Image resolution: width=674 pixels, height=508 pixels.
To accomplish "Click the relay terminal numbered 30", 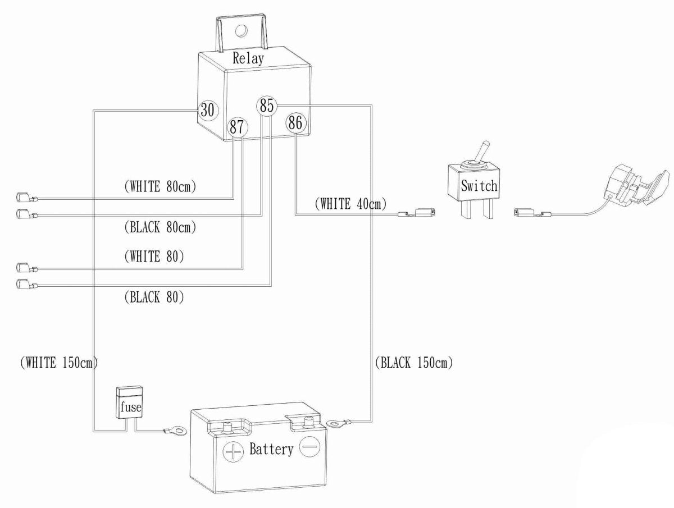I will coord(207,111).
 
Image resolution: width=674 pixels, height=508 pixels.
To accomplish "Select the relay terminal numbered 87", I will coord(236,127).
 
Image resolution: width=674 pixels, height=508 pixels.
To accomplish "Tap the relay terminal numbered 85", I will coord(267,105).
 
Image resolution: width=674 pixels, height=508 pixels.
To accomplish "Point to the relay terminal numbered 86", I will coord(295,122).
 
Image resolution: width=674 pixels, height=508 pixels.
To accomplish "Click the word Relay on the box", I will coord(248,58).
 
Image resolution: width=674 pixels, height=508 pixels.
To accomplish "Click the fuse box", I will coord(129,402).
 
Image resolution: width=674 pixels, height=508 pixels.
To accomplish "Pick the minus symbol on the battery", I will coord(309,447).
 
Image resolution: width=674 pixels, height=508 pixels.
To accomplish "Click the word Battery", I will coord(271,450).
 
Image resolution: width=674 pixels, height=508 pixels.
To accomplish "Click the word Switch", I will coord(479,186).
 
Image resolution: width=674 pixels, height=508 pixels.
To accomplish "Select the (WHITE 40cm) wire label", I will coord(351,204).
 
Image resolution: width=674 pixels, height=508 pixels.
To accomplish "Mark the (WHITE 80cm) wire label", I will coord(160,186).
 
